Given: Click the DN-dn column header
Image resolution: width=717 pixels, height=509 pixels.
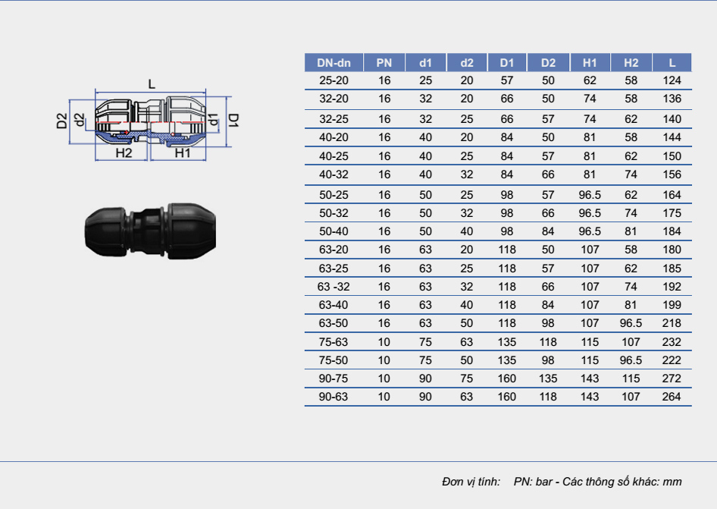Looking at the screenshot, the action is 333,63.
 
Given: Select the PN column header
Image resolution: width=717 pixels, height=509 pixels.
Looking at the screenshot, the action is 384,63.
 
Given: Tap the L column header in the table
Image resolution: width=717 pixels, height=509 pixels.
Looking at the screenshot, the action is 672,63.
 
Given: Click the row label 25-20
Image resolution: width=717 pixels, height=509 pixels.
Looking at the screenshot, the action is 333,80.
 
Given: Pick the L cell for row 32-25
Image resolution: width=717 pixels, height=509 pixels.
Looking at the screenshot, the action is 672,119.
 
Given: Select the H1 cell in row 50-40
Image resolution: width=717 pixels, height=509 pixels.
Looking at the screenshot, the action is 590,231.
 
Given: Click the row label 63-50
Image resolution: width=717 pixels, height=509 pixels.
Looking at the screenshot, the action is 333,323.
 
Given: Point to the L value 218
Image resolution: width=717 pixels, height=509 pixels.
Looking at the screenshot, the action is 672,323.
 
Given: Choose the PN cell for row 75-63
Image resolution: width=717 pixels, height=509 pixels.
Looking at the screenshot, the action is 384,342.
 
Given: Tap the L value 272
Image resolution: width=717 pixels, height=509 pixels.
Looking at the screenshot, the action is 672,379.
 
